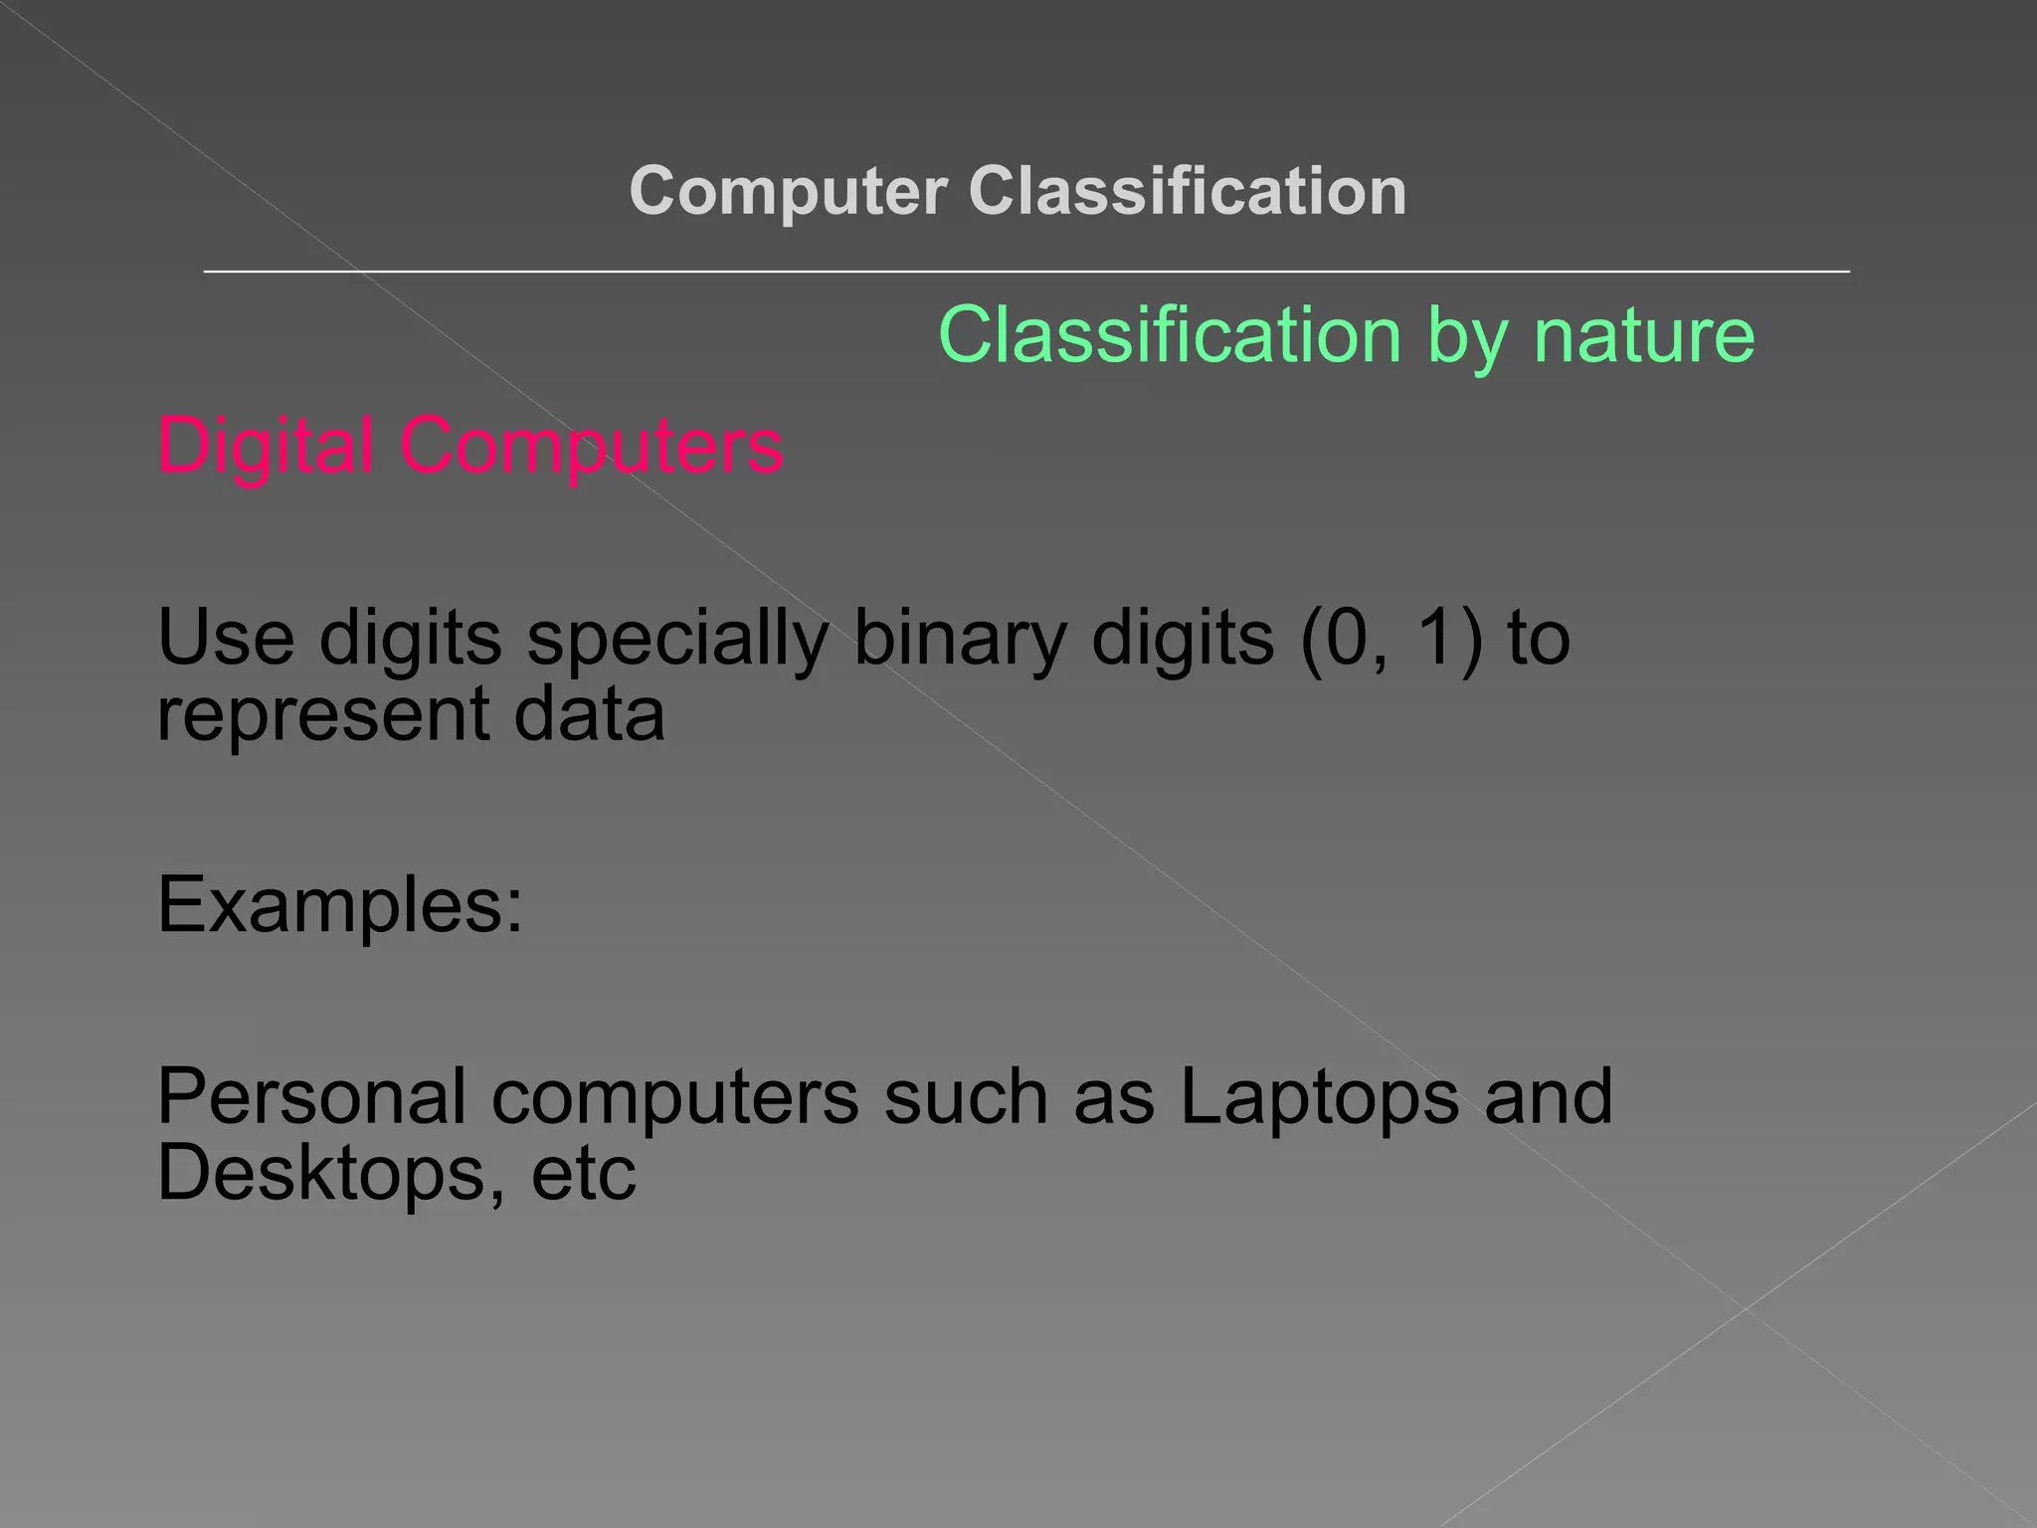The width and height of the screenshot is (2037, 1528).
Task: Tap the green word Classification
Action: click(1170, 335)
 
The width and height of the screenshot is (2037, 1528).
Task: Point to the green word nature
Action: click(1644, 335)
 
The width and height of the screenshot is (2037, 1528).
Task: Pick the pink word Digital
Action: click(266, 445)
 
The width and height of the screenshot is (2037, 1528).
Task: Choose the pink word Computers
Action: click(592, 445)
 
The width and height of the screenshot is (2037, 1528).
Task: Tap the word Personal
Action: click(311, 1096)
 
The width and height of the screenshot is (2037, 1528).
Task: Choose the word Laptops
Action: click(1319, 1096)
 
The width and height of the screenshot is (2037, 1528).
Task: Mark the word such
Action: click(966, 1096)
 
